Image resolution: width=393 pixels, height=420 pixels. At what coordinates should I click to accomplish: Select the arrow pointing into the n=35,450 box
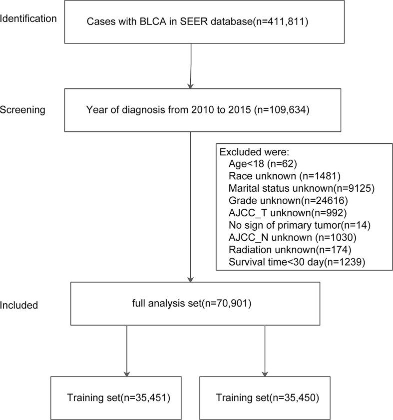265,350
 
